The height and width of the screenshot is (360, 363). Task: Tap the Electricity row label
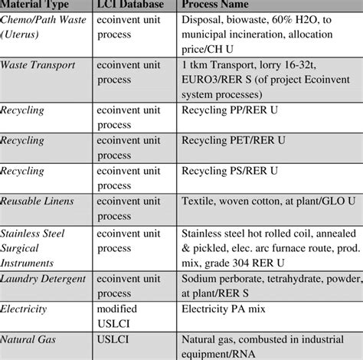tap(24, 309)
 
